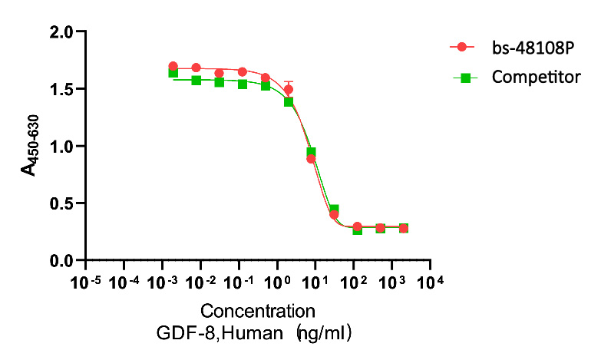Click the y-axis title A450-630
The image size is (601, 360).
(x=31, y=146)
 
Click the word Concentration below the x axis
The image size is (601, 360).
(x=258, y=312)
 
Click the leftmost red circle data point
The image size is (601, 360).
(x=173, y=66)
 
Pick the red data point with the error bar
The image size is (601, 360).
(x=288, y=89)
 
